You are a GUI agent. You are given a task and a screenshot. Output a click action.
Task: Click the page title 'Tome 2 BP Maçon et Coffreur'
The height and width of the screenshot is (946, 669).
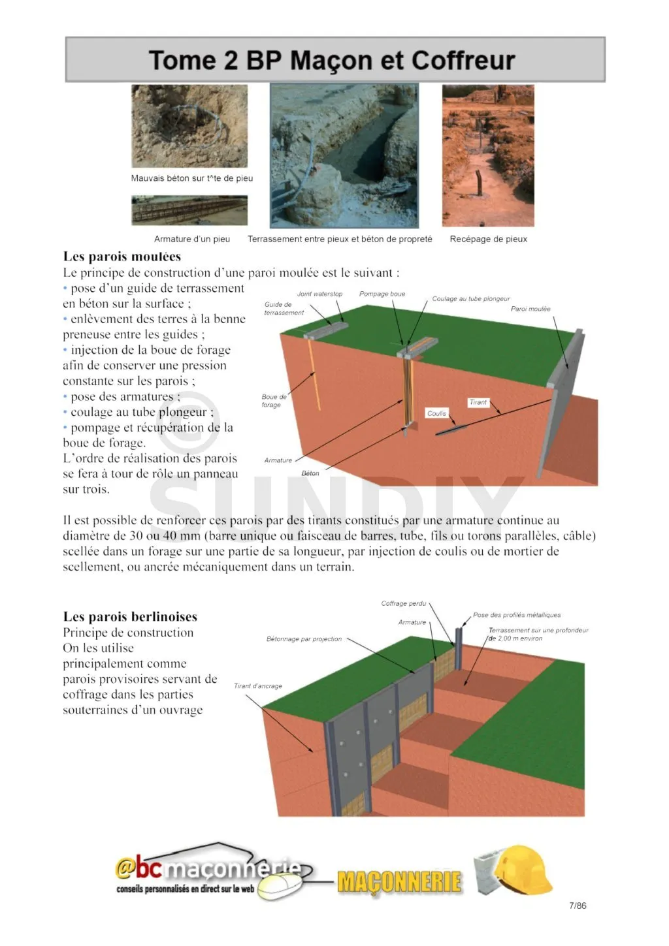[332, 60]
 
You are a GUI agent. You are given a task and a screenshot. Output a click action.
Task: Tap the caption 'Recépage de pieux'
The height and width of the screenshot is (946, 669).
[488, 239]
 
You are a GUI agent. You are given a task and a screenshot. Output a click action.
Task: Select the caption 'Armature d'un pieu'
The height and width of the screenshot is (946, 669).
[192, 239]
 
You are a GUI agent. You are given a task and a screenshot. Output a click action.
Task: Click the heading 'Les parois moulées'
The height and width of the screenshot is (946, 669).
[122, 257]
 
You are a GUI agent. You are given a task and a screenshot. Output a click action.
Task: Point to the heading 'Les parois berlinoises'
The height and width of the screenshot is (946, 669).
[130, 617]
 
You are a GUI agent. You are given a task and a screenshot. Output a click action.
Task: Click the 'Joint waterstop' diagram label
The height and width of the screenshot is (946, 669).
[319, 294]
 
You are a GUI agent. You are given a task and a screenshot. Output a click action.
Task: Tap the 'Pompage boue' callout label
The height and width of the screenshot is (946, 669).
[382, 294]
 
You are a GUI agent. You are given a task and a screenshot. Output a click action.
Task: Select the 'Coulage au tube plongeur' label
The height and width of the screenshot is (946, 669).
[470, 299]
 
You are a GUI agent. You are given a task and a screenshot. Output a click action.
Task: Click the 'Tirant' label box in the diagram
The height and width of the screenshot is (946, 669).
[478, 402]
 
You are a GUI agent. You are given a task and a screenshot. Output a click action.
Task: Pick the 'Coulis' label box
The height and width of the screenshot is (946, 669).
[436, 413]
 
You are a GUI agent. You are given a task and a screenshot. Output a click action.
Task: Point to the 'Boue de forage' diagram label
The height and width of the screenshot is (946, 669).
[273, 400]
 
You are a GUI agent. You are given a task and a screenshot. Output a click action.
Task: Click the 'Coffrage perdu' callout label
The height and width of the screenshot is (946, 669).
[403, 603]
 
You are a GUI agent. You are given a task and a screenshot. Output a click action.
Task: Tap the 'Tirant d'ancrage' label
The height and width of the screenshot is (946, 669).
[258, 686]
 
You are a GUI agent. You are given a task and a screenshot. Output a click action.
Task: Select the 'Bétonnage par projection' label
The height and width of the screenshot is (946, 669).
[304, 639]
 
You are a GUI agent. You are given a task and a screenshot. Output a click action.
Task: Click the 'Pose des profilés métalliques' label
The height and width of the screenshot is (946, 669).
[516, 615]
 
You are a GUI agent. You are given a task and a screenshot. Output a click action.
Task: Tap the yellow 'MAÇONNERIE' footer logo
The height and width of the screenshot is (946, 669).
[399, 882]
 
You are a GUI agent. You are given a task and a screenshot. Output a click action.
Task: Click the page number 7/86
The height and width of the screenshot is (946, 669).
[578, 906]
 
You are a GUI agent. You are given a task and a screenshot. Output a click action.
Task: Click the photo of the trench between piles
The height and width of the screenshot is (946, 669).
[344, 156]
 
